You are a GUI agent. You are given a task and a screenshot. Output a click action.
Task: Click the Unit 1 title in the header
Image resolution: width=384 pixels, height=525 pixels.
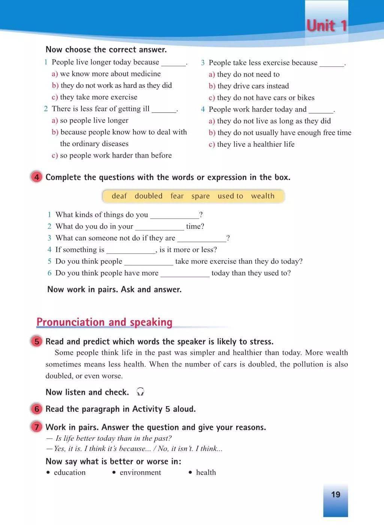coord(327,25)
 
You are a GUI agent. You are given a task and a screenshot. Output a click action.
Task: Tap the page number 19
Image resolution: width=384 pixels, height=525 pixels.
coord(336,494)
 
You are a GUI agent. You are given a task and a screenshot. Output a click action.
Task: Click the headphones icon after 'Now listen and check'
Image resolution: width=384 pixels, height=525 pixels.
coord(141,392)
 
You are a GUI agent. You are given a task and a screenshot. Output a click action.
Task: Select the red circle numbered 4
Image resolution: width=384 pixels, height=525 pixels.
coord(37,177)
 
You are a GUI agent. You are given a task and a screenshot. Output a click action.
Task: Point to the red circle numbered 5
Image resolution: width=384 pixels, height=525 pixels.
coord(37,341)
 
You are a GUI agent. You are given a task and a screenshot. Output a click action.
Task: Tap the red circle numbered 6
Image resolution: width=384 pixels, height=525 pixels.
coord(37,409)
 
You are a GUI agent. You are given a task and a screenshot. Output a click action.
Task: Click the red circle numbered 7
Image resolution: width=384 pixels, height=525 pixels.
coord(37,427)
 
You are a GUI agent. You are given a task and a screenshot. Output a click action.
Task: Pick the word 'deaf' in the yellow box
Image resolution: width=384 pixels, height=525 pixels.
coord(119,196)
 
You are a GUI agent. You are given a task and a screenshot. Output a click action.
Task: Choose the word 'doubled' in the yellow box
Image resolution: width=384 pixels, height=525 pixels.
coord(148,196)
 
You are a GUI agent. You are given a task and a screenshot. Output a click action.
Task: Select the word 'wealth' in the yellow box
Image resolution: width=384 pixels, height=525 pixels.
coord(262,196)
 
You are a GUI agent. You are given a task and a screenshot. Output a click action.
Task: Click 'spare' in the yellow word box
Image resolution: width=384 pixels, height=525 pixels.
coord(200,196)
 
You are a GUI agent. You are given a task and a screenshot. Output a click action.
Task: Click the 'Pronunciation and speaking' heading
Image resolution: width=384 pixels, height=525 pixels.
coord(104,322)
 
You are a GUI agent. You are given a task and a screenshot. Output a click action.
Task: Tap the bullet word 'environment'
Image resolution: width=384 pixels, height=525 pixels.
coord(140,472)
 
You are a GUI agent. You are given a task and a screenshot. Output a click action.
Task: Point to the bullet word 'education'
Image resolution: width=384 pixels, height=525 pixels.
coord(70,472)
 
